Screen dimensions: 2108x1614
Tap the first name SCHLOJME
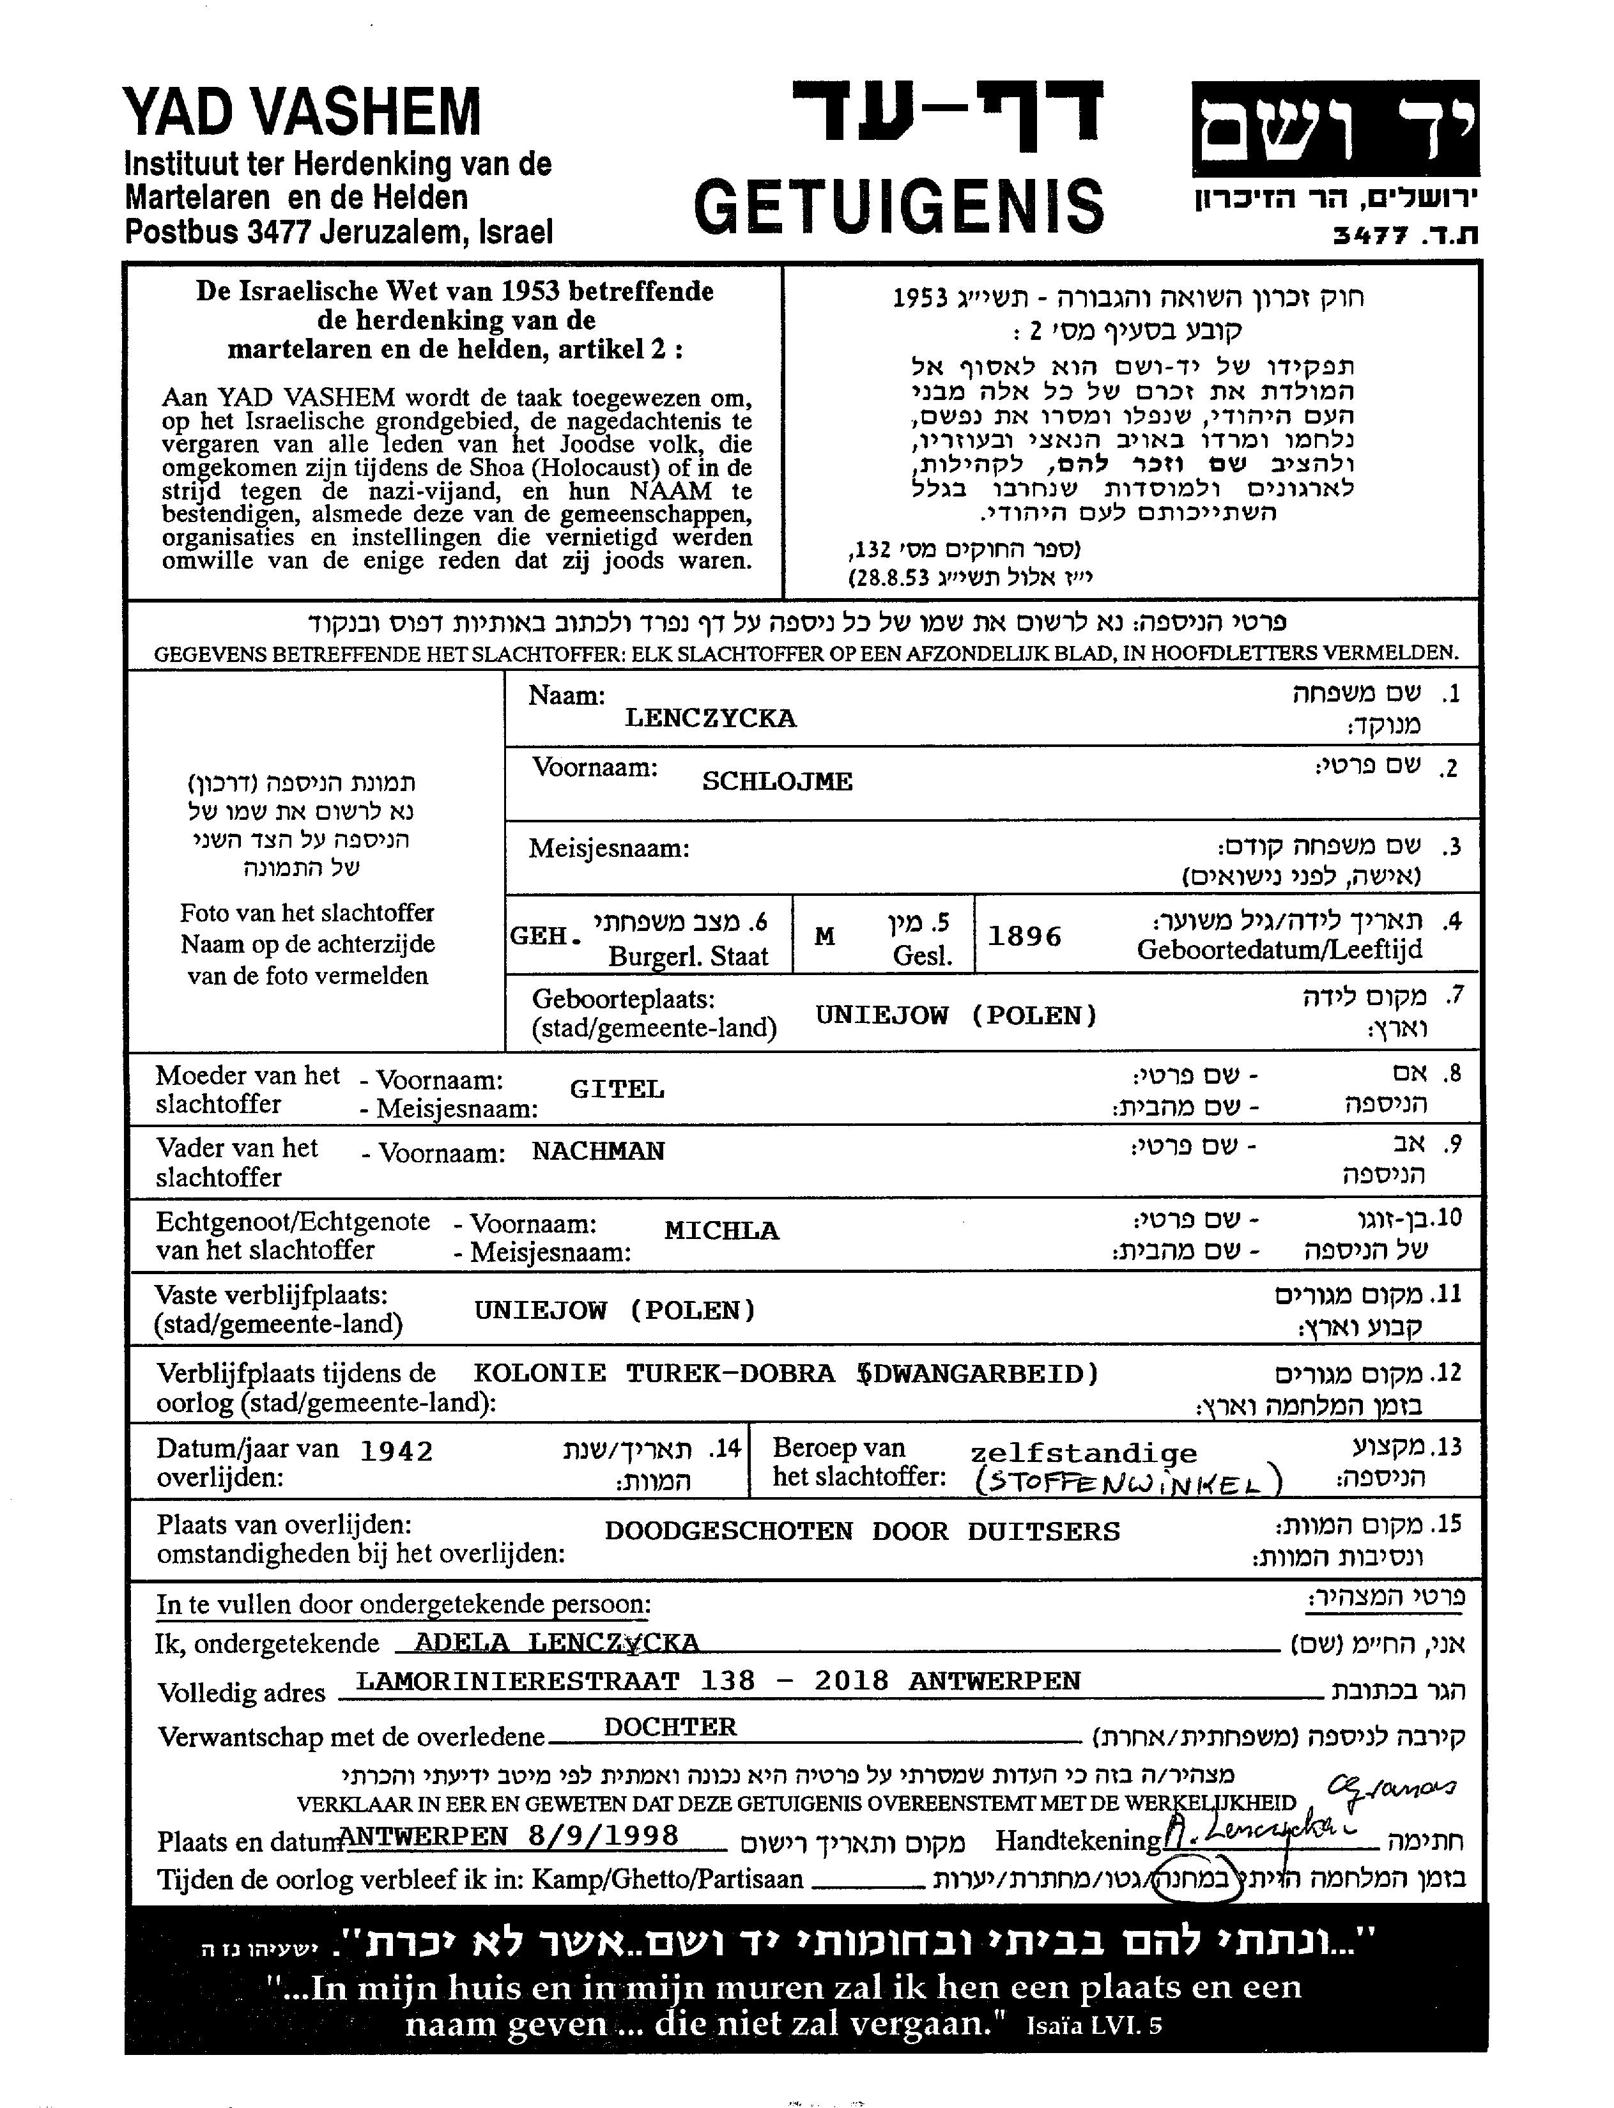[x=776, y=781]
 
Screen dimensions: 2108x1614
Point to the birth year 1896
[x=1024, y=936]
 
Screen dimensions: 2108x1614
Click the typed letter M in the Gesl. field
[x=824, y=936]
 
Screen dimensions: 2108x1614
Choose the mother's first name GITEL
[x=617, y=1089]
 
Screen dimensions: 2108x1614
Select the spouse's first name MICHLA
[x=721, y=1231]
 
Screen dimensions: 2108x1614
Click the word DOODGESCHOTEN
[x=728, y=1530]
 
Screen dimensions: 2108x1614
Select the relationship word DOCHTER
[x=670, y=1727]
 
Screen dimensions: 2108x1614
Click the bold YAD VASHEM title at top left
[x=302, y=112]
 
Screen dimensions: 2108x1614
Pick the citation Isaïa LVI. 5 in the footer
[x=1093, y=2026]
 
